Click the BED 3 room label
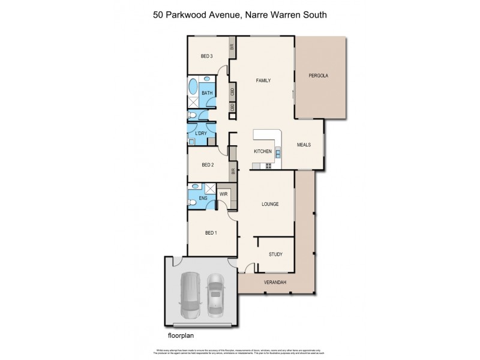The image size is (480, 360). pos(207,56)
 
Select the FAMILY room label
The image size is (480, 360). pos(263,80)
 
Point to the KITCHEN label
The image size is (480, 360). pos(263,151)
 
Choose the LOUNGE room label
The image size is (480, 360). pos(270,204)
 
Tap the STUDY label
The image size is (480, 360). pos(275,254)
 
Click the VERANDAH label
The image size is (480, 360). pos(275,283)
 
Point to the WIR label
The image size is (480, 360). pos(223,194)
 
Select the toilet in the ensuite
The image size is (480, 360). pos(193,203)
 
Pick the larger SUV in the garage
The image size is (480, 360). pos(191,295)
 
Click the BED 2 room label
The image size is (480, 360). pos(208,165)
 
